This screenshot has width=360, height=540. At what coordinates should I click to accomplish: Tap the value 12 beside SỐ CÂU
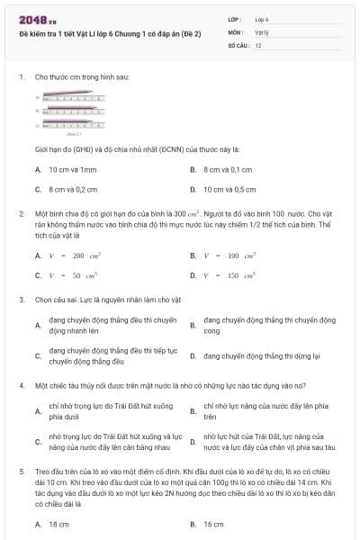click(x=258, y=44)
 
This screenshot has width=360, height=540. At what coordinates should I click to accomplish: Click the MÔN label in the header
click(x=235, y=31)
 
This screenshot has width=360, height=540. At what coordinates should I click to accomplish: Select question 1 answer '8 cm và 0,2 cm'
click(x=73, y=189)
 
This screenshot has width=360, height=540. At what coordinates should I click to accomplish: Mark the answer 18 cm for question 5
click(x=58, y=523)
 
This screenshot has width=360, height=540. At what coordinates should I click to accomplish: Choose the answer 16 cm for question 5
click(x=213, y=523)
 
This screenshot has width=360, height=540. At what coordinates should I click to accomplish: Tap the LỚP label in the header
click(x=235, y=19)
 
